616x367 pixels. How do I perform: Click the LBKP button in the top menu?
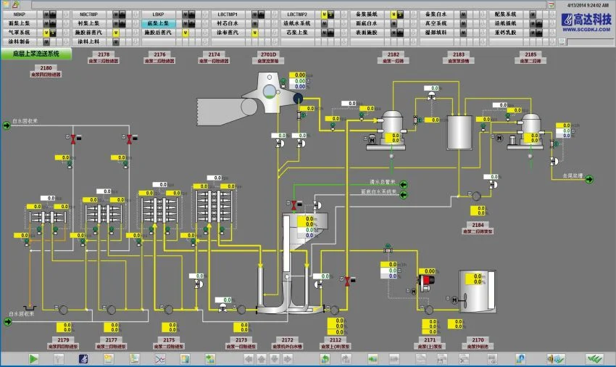tap(158, 14)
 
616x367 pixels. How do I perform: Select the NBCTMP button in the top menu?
tap(89, 14)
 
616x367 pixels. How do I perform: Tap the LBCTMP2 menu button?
tap(296, 14)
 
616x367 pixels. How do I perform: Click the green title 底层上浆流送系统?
tap(36, 54)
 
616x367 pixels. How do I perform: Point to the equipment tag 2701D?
tap(268, 54)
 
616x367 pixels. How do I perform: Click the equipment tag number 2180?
tap(45, 67)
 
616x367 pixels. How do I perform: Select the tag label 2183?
tap(459, 54)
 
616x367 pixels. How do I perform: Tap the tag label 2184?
tap(478, 225)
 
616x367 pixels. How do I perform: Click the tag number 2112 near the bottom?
tap(336, 339)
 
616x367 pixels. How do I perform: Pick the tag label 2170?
tap(478, 339)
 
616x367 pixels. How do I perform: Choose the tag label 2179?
tap(63, 339)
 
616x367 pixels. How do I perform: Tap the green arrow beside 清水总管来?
tap(404, 184)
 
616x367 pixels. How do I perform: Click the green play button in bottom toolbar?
tap(33, 358)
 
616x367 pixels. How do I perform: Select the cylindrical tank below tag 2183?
tap(459, 131)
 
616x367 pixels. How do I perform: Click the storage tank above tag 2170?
tap(478, 289)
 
